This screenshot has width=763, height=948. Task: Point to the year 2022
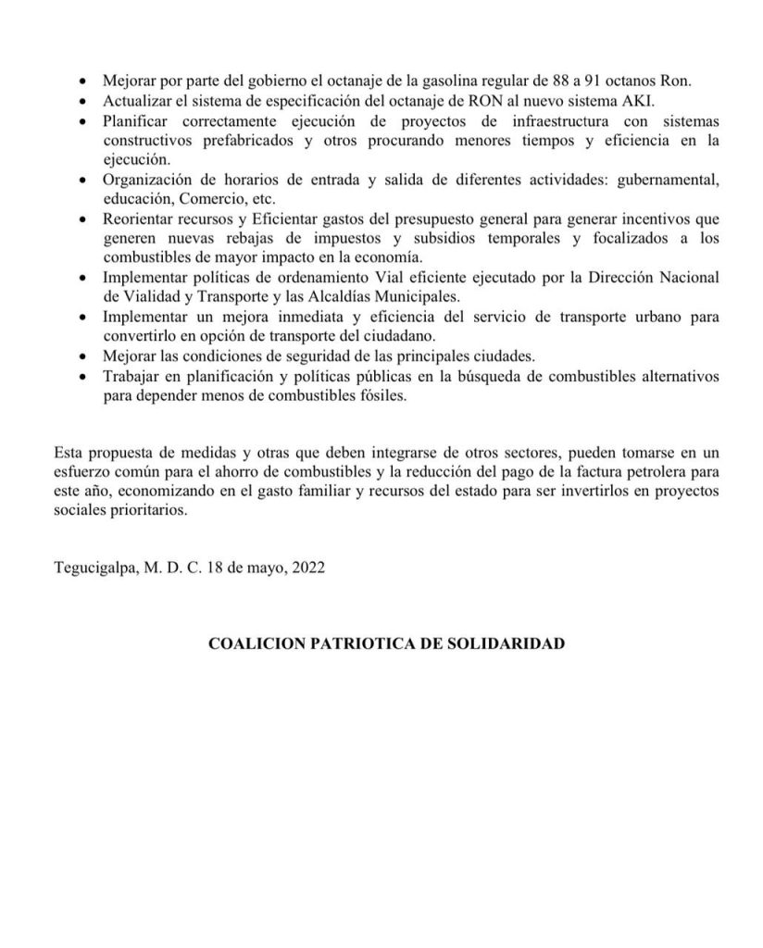[306, 569]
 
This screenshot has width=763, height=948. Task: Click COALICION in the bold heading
[253, 642]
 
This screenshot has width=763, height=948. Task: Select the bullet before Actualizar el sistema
[85, 101]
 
